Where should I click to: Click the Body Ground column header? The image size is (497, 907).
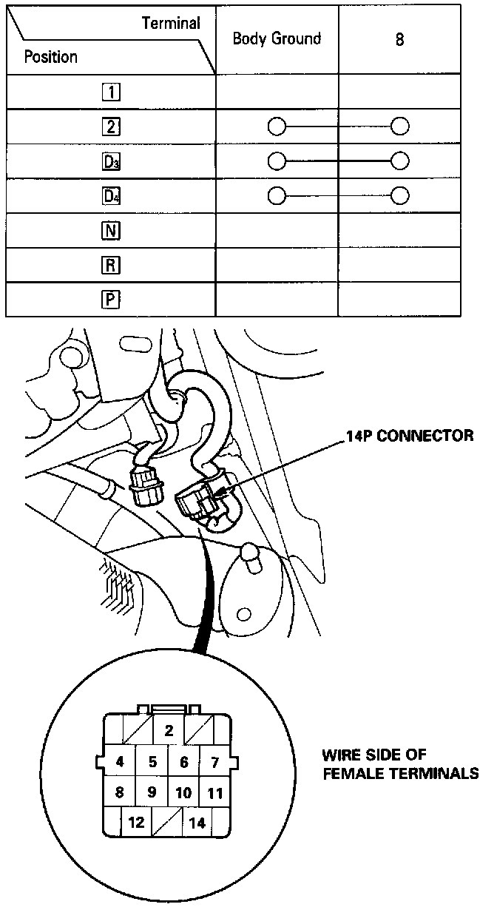coord(277,39)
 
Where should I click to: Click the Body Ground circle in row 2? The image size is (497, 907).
coord(277,127)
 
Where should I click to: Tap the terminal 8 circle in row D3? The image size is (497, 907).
coord(400,161)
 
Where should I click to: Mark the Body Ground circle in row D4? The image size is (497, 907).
coord(277,195)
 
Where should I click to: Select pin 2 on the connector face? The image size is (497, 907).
coord(169,731)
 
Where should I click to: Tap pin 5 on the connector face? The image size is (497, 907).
coord(152,761)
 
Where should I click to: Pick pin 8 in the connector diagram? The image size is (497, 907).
coord(120,792)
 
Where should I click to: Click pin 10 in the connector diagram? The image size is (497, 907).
coord(183,792)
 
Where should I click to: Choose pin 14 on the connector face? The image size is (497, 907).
coord(197,822)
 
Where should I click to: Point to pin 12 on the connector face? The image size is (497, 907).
coord(136,822)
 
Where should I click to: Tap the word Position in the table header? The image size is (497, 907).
coord(50,56)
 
